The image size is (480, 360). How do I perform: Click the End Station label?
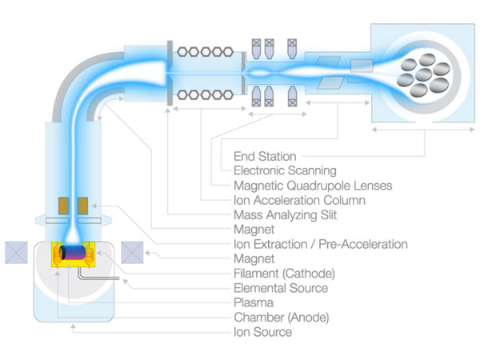click(264, 157)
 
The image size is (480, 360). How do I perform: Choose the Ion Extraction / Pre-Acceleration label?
click(320, 244)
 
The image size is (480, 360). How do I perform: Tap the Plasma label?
click(253, 302)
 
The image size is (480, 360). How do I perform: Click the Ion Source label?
click(262, 331)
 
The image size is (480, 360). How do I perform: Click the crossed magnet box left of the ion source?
click(18, 253)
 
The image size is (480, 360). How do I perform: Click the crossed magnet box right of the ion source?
click(132, 253)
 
